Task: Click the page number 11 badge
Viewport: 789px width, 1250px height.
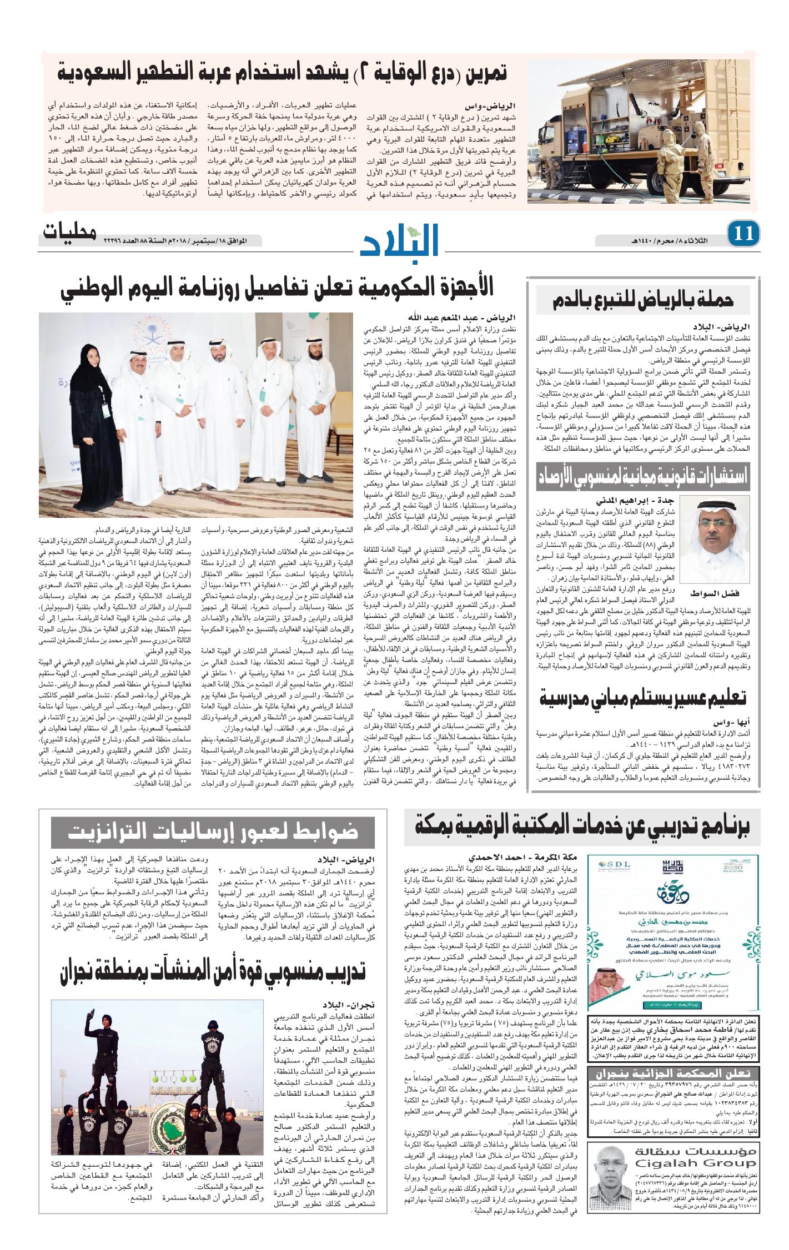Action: (743, 234)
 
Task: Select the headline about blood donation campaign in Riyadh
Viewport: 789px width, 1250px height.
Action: (644, 300)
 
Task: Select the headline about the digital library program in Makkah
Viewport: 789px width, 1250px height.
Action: (582, 827)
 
